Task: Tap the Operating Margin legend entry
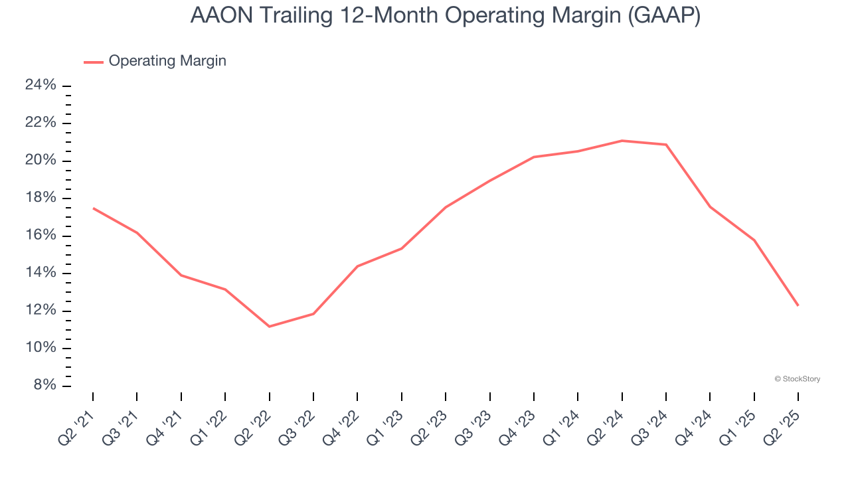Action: point(167,61)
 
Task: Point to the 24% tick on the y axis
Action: point(41,86)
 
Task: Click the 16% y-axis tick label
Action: point(41,236)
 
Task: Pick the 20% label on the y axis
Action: point(41,161)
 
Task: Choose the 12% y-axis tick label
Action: point(41,311)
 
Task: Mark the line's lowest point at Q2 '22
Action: point(269,327)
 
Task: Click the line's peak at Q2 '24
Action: point(622,141)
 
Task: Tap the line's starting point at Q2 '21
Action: point(93,208)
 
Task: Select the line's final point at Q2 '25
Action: point(798,305)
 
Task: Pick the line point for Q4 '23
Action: point(534,157)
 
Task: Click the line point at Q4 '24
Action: point(710,207)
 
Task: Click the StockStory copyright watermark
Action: point(797,379)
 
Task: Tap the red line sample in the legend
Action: point(93,62)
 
